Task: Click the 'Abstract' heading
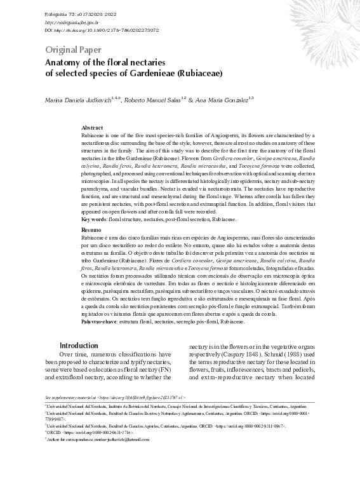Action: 92,128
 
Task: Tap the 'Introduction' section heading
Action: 79,345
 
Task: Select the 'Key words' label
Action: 94,219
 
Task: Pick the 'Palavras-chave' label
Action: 100,322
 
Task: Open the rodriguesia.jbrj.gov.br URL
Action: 72,22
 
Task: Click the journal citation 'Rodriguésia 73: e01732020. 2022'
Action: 81,13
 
